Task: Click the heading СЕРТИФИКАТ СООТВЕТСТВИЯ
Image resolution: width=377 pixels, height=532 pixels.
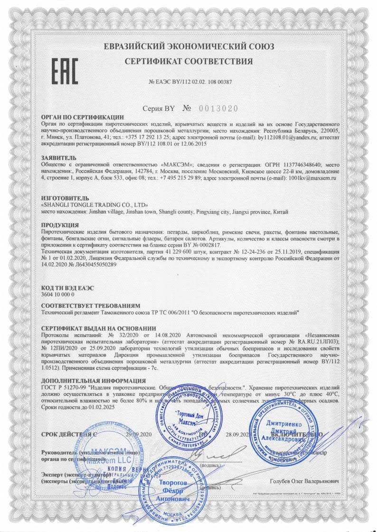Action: (188, 61)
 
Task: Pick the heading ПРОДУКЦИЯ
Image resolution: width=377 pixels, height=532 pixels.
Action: (60, 224)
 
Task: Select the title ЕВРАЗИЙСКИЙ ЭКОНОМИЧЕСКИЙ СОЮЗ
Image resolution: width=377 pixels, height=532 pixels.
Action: (188, 46)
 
